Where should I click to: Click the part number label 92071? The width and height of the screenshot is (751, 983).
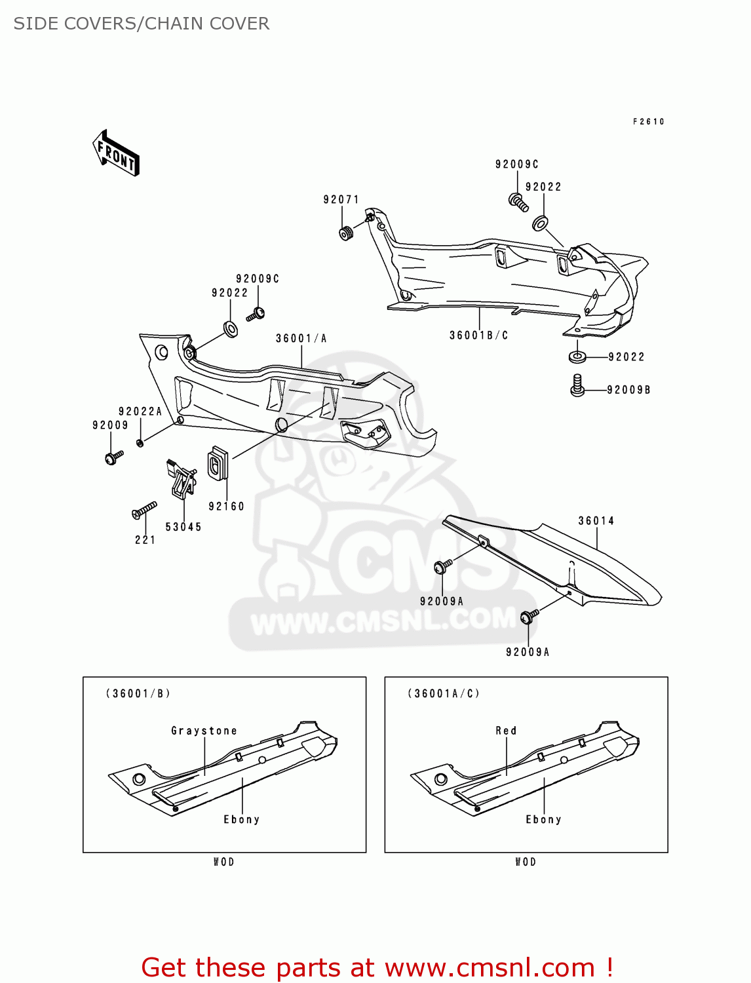[341, 199]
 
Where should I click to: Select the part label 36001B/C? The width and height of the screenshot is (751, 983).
[478, 335]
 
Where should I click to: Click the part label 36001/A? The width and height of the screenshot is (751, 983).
[301, 338]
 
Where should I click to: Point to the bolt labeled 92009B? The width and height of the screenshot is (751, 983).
[577, 385]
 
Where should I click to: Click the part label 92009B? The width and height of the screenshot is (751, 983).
[628, 390]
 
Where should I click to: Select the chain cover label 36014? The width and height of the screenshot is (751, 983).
[596, 521]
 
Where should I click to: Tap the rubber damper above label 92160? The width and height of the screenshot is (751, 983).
[217, 463]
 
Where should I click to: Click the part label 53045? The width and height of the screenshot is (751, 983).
[183, 527]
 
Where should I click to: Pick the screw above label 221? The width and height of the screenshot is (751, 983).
[144, 511]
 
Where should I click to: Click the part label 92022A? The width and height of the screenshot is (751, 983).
[140, 412]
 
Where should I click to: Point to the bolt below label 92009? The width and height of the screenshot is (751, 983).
[113, 457]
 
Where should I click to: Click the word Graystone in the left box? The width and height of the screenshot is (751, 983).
[204, 731]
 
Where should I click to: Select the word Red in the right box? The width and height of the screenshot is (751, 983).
[506, 731]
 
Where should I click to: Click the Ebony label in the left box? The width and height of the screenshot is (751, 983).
[242, 819]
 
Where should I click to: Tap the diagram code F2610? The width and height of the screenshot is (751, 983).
[648, 121]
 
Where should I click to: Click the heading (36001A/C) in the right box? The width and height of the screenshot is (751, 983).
[444, 693]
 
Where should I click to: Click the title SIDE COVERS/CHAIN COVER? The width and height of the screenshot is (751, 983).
[142, 24]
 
